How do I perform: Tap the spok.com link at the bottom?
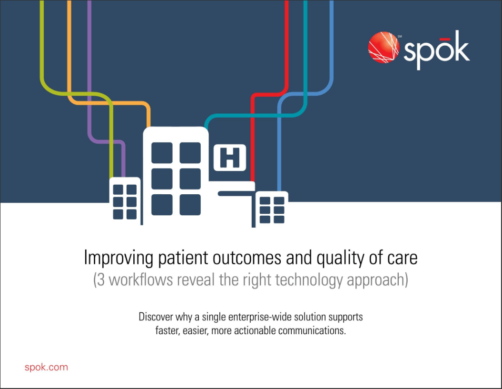(x=46, y=367)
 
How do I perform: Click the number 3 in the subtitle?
(x=101, y=280)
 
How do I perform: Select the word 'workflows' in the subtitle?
(x=141, y=280)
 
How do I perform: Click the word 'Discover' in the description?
(x=155, y=317)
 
